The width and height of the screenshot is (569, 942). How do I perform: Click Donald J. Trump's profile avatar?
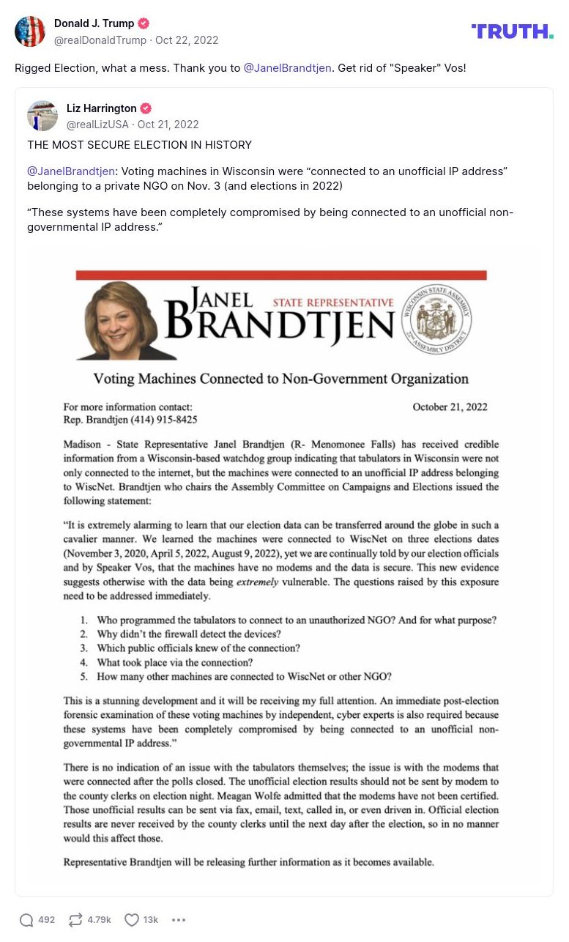(x=30, y=31)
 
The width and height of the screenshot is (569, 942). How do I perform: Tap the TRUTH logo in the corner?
(x=512, y=31)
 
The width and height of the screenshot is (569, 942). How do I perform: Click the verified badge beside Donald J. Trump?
(x=144, y=23)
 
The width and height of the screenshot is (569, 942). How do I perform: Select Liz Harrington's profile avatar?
(x=42, y=116)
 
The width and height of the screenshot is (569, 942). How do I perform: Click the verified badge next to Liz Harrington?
(x=146, y=108)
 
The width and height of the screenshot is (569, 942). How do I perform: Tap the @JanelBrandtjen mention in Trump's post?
(x=287, y=68)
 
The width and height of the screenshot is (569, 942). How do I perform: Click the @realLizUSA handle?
(x=97, y=125)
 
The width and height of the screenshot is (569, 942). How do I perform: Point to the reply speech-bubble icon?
(x=26, y=920)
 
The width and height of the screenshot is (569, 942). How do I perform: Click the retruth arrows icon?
(x=75, y=920)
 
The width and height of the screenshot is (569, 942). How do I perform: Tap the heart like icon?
(x=131, y=920)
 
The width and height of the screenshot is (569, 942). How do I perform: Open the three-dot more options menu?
(x=179, y=920)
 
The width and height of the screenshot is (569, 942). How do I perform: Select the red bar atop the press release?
(x=281, y=275)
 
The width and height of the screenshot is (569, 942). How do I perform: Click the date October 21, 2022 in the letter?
(x=450, y=407)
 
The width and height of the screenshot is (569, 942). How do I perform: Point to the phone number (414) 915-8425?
(x=163, y=420)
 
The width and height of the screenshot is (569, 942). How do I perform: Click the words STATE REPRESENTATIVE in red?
(x=333, y=303)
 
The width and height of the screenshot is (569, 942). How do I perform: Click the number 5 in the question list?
(x=84, y=676)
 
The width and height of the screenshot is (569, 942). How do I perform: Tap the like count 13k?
(x=150, y=920)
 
